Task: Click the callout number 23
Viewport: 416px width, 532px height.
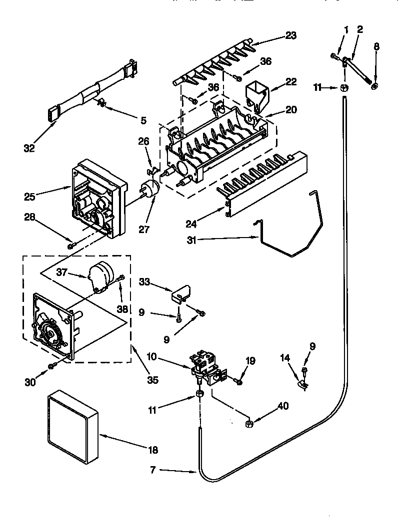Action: click(290, 35)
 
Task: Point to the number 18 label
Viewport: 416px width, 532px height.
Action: click(153, 450)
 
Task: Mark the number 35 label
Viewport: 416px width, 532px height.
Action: click(153, 380)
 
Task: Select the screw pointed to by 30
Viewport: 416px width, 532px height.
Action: click(51, 367)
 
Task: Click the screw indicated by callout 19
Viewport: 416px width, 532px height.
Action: click(238, 382)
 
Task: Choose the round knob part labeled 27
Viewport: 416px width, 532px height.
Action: click(148, 190)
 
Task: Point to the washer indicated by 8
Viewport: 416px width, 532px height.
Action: click(374, 87)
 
